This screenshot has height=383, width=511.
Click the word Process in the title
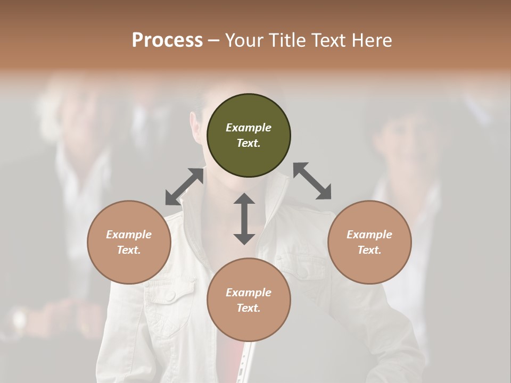pyautogui.click(x=167, y=40)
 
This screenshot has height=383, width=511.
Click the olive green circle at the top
pyautogui.click(x=249, y=136)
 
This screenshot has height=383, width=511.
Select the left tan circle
pyautogui.click(x=129, y=242)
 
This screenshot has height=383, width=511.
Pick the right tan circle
pyautogui.click(x=369, y=242)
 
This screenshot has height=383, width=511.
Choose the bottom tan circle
pyautogui.click(x=249, y=299)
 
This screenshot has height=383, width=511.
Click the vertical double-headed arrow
pyautogui.click(x=244, y=219)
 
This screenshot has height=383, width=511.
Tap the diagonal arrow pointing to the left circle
pyautogui.click(x=184, y=187)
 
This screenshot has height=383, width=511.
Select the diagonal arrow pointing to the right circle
pyautogui.click(x=312, y=181)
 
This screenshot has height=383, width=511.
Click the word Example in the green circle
pyautogui.click(x=249, y=128)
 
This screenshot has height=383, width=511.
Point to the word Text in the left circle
pyautogui.click(x=129, y=250)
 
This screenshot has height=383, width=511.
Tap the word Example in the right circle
pyautogui.click(x=369, y=235)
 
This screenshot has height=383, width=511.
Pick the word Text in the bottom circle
pyautogui.click(x=249, y=308)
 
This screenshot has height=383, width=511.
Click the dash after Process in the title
pyautogui.click(x=213, y=40)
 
